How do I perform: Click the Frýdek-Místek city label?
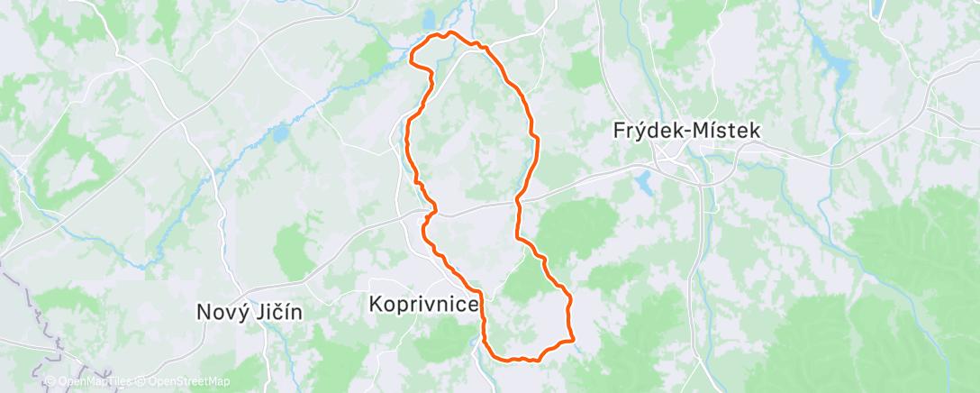click(687, 131)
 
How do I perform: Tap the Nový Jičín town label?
click(249, 313)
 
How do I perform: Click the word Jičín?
click(276, 313)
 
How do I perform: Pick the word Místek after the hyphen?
click(727, 131)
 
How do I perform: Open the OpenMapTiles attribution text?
click(91, 382)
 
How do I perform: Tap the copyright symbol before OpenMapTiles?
click(50, 382)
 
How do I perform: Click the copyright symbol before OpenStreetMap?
click(140, 382)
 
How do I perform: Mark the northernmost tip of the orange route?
click(450, 32)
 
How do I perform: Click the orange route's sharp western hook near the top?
click(412, 61)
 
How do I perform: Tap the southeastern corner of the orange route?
click(573, 341)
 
